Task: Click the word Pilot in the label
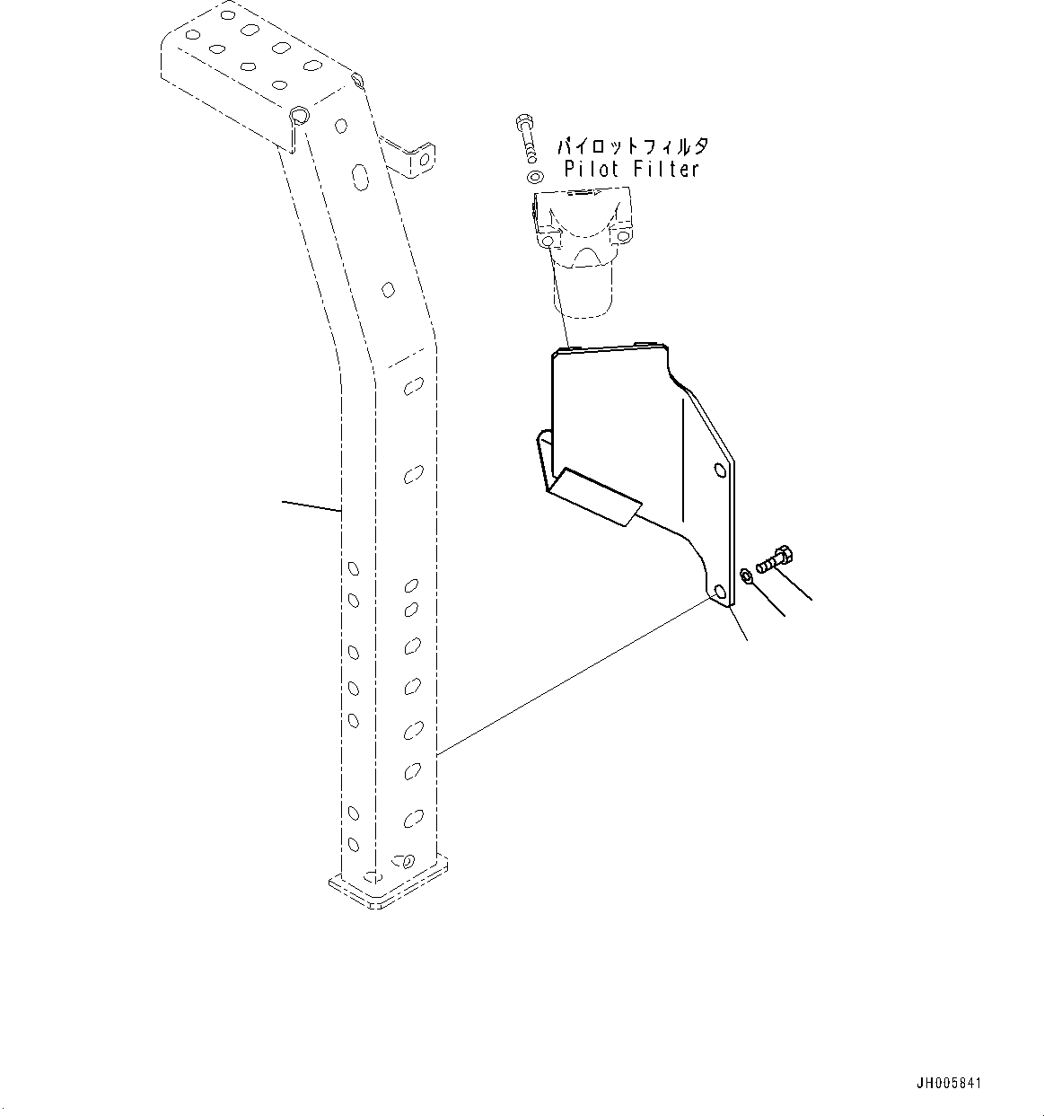pyautogui.click(x=589, y=168)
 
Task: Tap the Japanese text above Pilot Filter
pyautogui.click(x=633, y=145)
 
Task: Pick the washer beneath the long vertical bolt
pyautogui.click(x=536, y=176)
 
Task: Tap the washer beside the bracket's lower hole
pyautogui.click(x=747, y=576)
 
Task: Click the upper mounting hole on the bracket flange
pyautogui.click(x=719, y=468)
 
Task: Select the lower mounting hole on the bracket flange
pyautogui.click(x=720, y=592)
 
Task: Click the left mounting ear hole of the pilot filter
pyautogui.click(x=548, y=242)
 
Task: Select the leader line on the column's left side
pyautogui.click(x=311, y=506)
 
